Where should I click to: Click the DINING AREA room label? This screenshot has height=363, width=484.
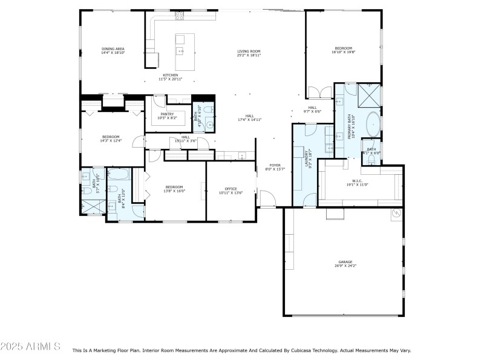click(113, 48)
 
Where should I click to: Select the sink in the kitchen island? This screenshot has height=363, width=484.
click(180, 51)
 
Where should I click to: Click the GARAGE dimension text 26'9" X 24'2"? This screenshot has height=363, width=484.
click(345, 266)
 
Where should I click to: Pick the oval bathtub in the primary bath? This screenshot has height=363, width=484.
click(372, 123)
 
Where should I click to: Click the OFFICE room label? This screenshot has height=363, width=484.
click(231, 189)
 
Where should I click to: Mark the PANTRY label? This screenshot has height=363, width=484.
click(168, 114)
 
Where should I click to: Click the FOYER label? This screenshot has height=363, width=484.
click(275, 165)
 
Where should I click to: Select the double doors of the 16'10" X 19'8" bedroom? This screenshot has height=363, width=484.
click(319, 93)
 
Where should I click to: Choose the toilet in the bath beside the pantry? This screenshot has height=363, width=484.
click(208, 110)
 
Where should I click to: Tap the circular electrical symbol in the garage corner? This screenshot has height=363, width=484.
click(396, 213)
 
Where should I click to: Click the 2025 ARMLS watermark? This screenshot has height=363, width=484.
click(30, 347)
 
